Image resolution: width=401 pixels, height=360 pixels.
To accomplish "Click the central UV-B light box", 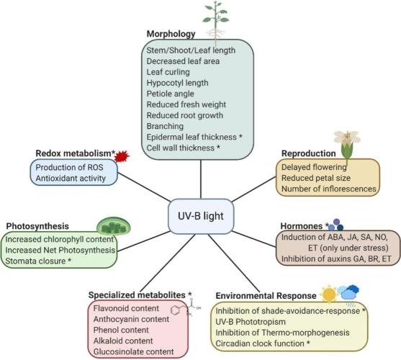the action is coord(201,216).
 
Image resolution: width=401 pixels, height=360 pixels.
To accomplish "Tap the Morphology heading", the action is coord(171,34).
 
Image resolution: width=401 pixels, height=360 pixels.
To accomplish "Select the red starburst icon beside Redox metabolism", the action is coord(122,156).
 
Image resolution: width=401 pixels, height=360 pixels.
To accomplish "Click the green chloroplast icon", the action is coord(114,227).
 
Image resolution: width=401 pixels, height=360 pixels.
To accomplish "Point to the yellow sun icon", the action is coord(329,294).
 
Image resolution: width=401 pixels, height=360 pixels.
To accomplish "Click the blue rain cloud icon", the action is coord(348,293).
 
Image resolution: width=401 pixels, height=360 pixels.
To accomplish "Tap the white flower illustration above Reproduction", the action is coord(347,146).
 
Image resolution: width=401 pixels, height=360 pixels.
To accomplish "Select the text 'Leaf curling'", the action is coord(168,72).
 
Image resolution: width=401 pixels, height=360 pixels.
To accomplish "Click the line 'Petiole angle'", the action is coord(171,94).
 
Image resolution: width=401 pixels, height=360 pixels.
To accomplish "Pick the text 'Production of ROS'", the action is coord(69,168).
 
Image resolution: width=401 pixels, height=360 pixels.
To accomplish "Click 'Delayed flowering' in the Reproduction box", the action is coord(314,167).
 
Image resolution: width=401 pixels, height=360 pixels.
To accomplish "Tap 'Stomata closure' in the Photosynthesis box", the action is coord(35,261).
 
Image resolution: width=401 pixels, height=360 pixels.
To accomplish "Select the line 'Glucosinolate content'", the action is coord(133,352).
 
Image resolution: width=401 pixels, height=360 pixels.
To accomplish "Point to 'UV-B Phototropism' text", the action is coord(251,322).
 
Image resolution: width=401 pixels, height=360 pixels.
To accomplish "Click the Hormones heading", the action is coord(302,226).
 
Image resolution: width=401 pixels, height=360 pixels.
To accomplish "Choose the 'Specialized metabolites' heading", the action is coord(137,295).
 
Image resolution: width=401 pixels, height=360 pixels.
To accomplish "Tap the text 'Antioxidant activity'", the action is coord(71,179).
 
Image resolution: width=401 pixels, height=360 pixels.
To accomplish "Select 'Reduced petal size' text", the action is coord(316,178).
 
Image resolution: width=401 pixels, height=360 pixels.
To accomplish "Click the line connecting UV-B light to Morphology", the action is coord(201,179).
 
